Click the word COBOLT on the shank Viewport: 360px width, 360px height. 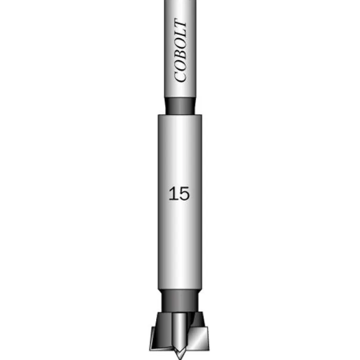180,50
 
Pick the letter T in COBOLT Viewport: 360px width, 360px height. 180,24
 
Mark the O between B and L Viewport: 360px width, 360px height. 180,44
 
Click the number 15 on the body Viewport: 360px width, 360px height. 180,194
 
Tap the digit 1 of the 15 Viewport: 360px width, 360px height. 173,194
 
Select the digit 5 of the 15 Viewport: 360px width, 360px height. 184,194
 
